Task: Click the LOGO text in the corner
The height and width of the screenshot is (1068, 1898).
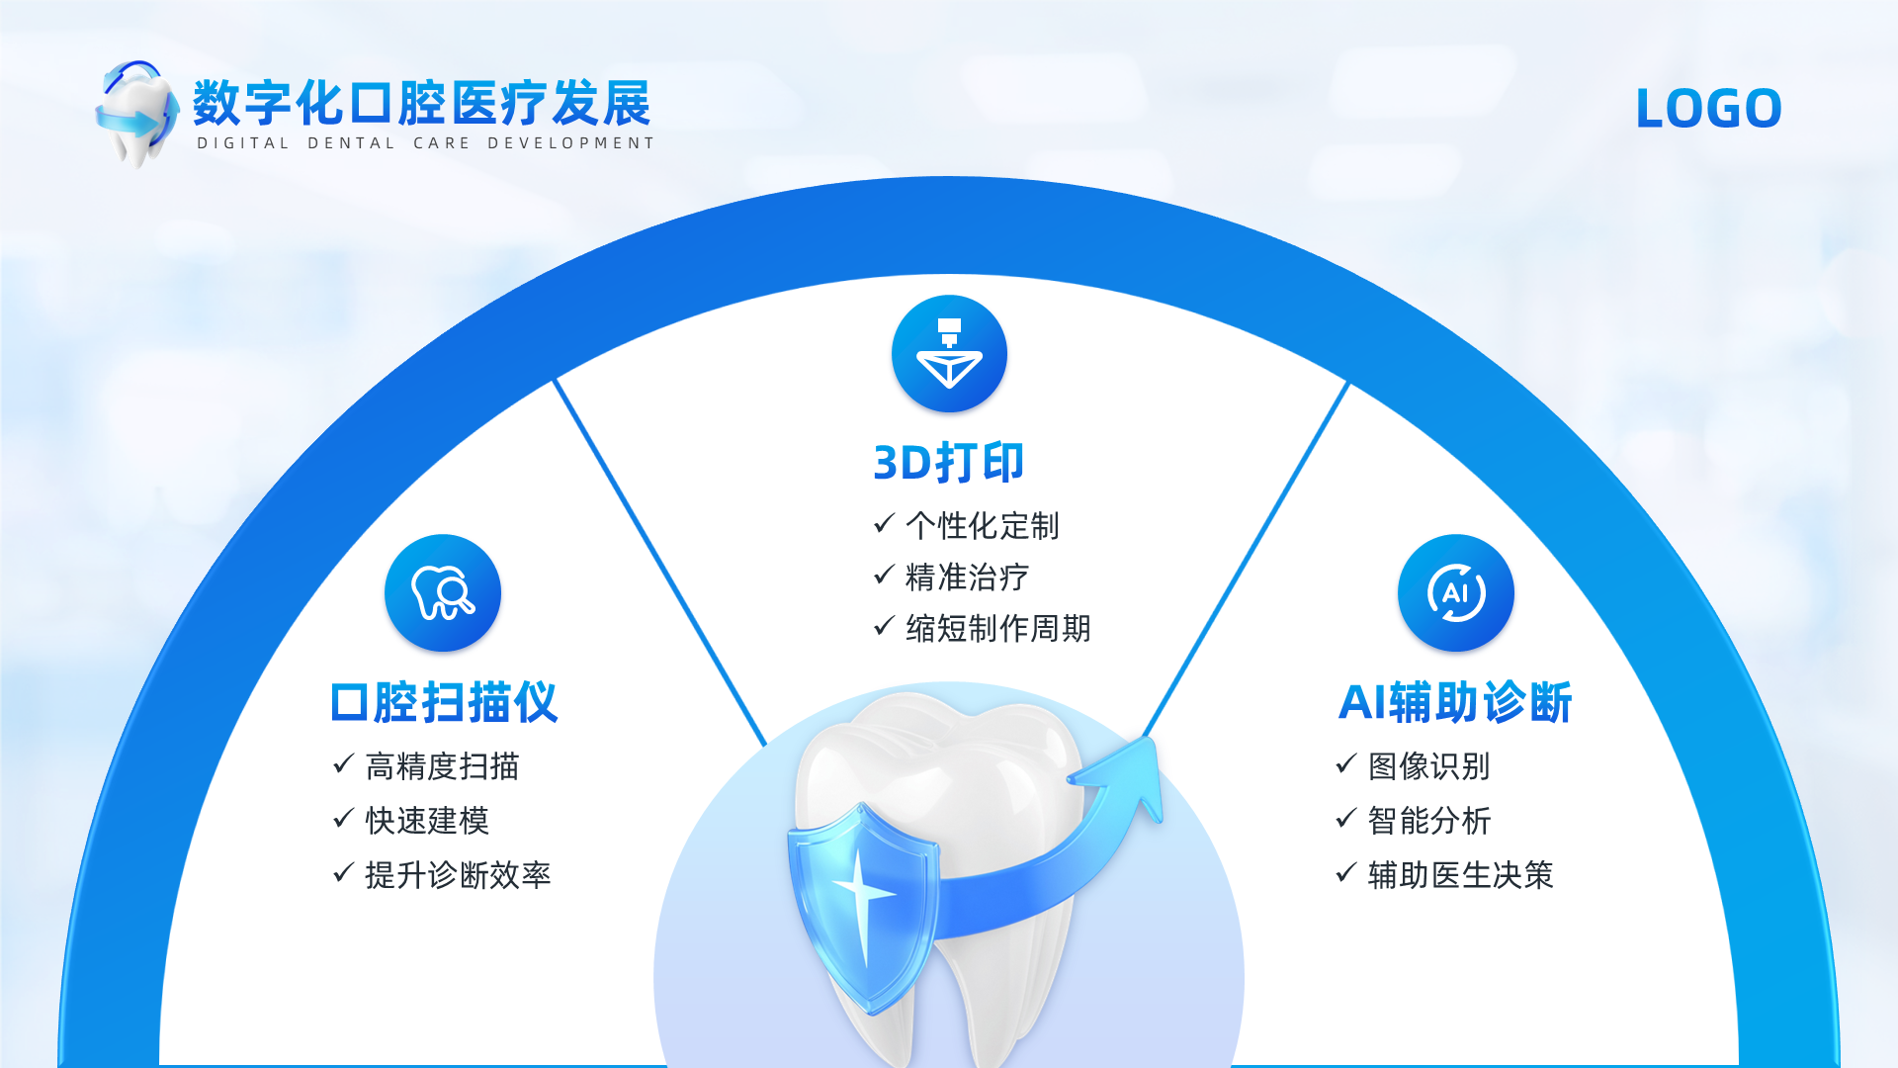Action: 1708,108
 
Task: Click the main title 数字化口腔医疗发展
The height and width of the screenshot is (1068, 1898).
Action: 422,103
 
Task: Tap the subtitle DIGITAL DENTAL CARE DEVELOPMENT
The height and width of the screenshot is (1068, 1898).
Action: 425,143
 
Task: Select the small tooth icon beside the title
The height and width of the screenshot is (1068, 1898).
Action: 136,113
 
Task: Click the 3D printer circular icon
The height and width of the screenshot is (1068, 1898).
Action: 949,353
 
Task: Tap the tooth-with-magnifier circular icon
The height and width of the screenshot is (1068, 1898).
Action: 443,592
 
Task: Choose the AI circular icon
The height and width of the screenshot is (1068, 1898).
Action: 1455,592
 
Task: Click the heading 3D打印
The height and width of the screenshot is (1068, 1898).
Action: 948,463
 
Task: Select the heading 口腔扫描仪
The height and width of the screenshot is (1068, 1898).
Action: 444,702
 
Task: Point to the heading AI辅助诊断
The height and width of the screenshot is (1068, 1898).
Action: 1455,702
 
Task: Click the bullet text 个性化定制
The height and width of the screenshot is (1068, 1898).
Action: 983,526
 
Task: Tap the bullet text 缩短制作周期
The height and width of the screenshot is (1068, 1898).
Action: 998,628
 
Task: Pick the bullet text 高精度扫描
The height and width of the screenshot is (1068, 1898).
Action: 442,766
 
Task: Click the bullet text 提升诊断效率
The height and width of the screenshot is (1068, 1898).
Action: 458,875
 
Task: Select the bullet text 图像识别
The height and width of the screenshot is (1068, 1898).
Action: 1429,766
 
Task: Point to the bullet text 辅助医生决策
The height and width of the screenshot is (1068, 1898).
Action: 1461,875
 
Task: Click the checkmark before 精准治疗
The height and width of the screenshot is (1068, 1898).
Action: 885,575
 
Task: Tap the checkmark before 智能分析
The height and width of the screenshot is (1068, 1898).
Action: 1346,818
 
